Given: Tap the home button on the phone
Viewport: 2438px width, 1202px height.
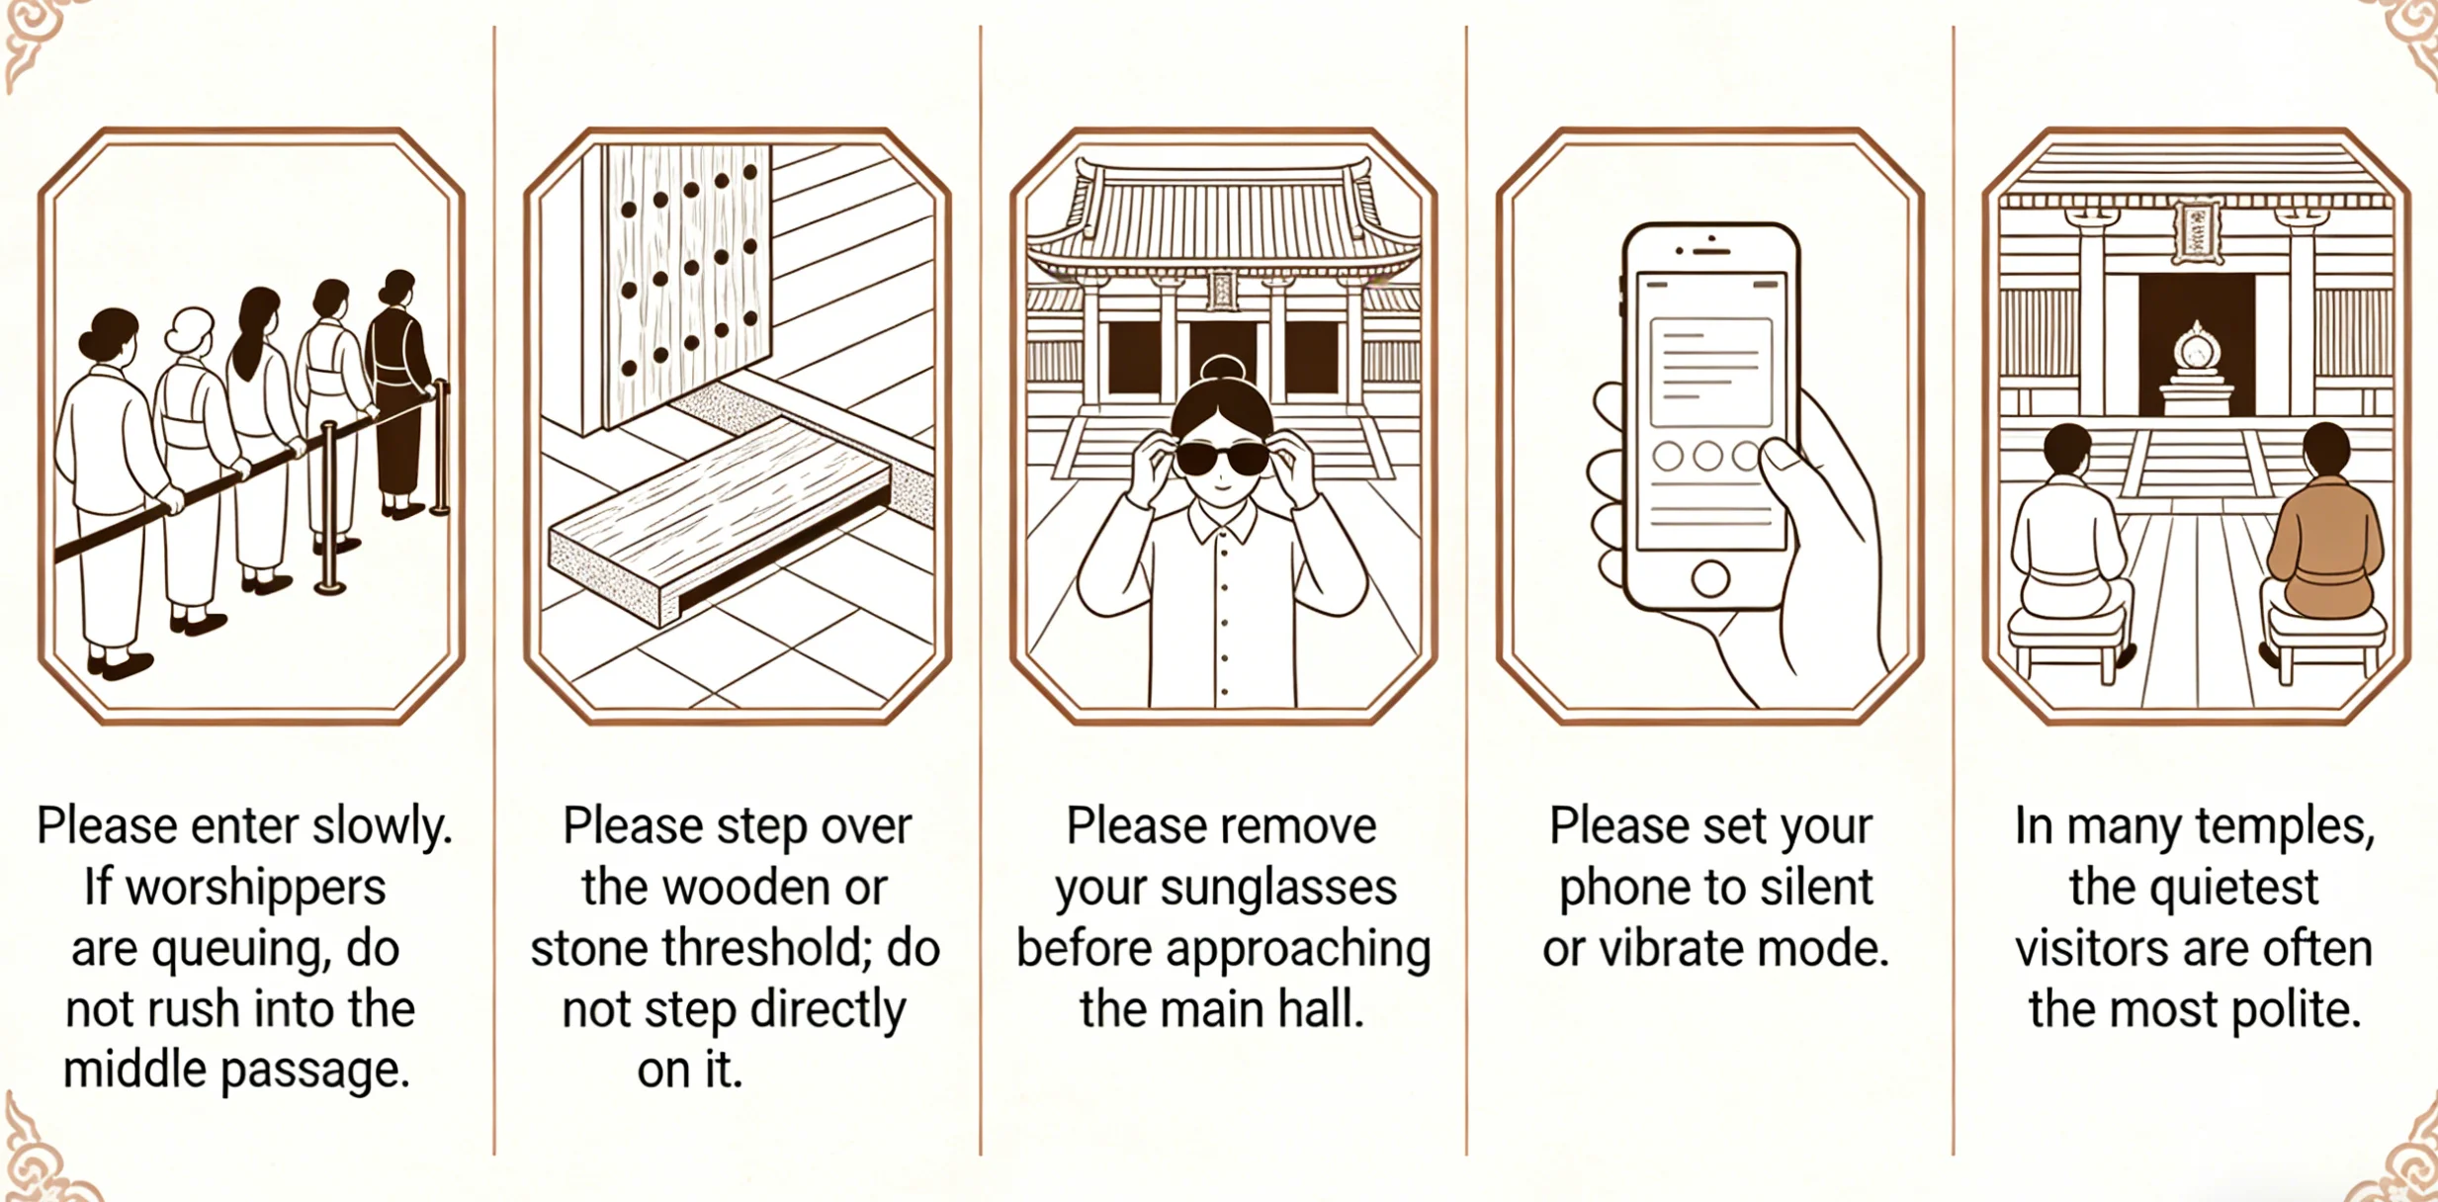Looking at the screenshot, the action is (1709, 578).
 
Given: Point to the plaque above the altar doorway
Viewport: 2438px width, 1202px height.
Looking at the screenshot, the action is (2195, 233).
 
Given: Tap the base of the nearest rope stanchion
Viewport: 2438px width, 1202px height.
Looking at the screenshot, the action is (329, 588).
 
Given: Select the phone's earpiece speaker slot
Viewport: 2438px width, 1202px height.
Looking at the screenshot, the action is (1711, 252).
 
